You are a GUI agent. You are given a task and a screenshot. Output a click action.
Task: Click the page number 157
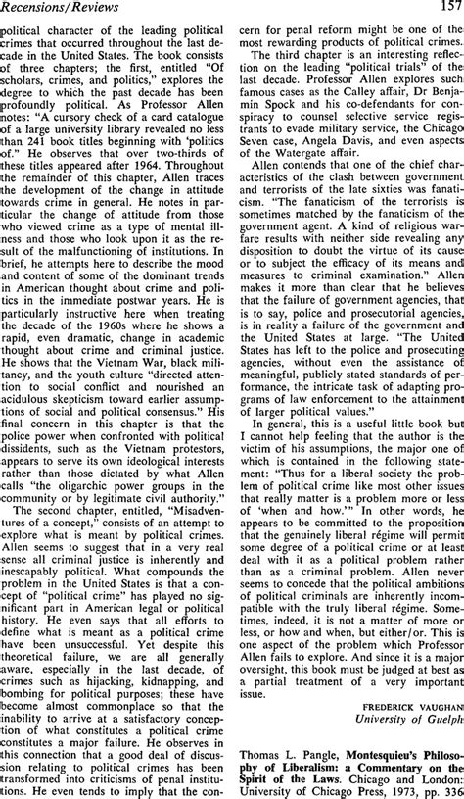tap(449, 9)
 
